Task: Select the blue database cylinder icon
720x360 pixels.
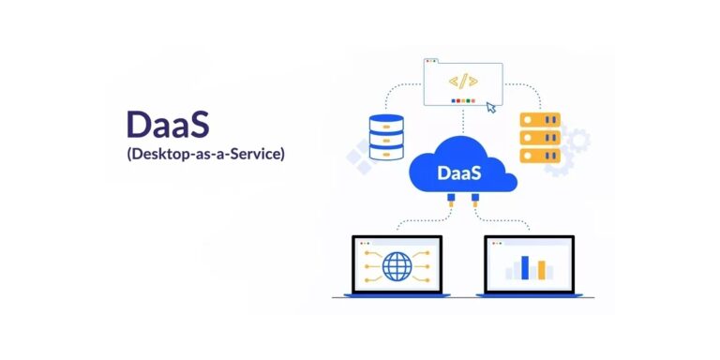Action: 386,137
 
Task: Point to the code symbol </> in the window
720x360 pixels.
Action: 463,82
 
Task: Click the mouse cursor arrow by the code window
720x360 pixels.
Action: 491,107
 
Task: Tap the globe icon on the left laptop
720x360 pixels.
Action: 397,265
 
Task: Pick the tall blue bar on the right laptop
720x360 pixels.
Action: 525,267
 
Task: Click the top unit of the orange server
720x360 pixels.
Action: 539,119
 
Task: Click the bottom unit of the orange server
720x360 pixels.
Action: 539,157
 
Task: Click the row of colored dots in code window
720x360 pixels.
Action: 463,100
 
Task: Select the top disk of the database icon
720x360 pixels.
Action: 386,122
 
